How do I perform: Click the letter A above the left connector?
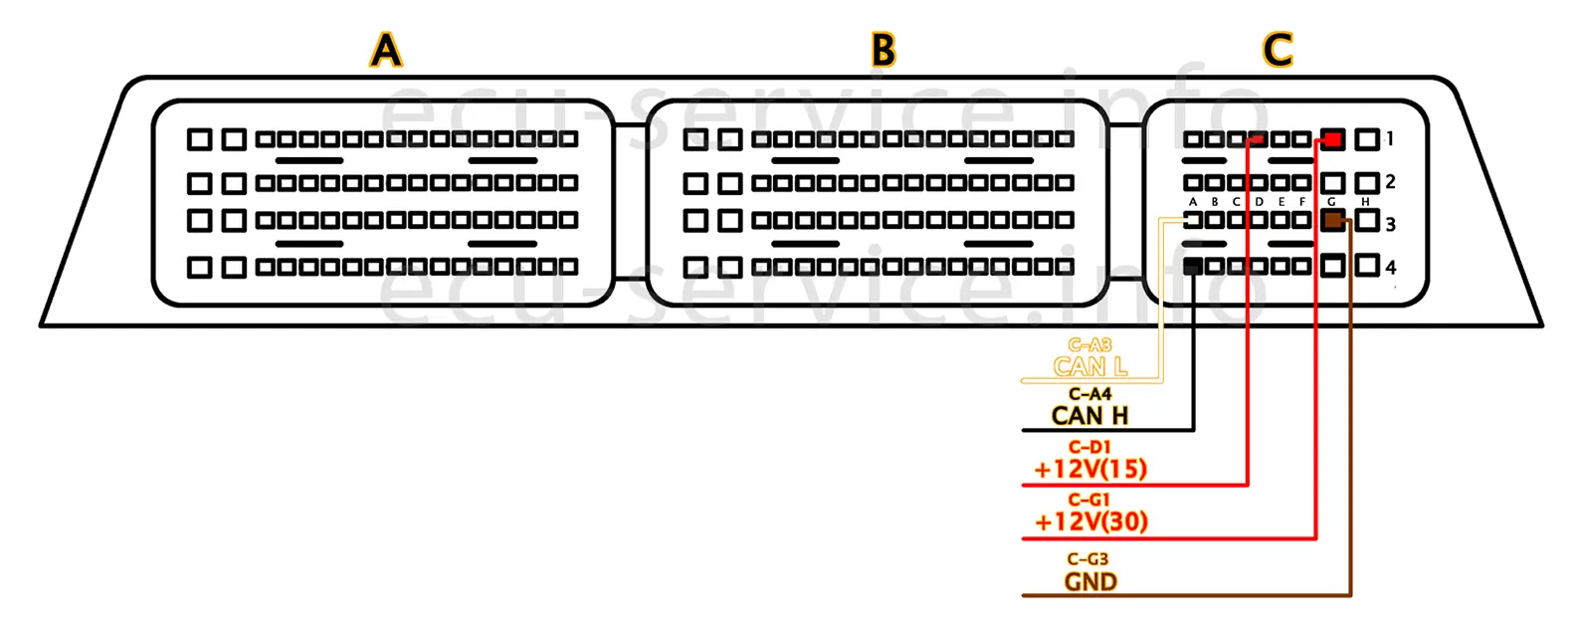pyautogui.click(x=386, y=49)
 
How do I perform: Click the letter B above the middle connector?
pyautogui.click(x=884, y=49)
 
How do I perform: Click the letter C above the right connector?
pyautogui.click(x=1278, y=49)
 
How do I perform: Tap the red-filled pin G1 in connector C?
pyautogui.click(x=1332, y=139)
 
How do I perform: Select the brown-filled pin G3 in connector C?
pyautogui.click(x=1333, y=220)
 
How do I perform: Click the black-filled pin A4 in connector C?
pyautogui.click(x=1193, y=266)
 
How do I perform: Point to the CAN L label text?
pyautogui.click(x=1090, y=366)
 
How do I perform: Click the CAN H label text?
pyautogui.click(x=1090, y=415)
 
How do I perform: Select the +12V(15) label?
pyautogui.click(x=1090, y=469)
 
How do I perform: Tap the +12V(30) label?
pyautogui.click(x=1090, y=521)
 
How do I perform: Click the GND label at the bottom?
pyautogui.click(x=1090, y=582)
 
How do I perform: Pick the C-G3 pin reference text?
pyautogui.click(x=1087, y=559)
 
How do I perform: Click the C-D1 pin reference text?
pyautogui.click(x=1089, y=447)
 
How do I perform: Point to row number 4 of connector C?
pyautogui.click(x=1391, y=267)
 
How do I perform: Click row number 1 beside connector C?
pyautogui.click(x=1390, y=139)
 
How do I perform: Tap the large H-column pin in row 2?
pyautogui.click(x=1368, y=183)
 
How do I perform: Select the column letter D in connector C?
pyautogui.click(x=1260, y=202)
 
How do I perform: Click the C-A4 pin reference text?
pyautogui.click(x=1089, y=394)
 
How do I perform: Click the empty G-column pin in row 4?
pyautogui.click(x=1333, y=266)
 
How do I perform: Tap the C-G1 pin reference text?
pyautogui.click(x=1089, y=500)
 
